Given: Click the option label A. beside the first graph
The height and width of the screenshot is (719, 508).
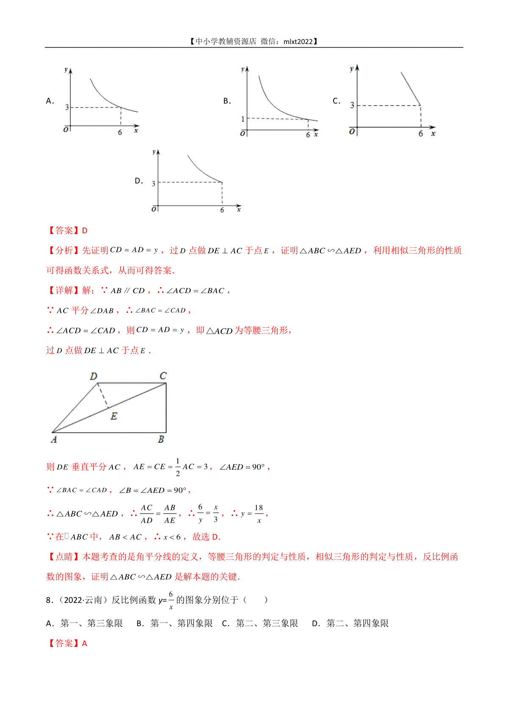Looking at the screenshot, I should [50, 101].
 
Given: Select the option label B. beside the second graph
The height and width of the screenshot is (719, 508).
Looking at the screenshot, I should [227, 101].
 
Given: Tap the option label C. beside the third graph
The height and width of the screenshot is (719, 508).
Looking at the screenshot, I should [337, 101].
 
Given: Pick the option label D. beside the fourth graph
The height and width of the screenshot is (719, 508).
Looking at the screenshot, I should [139, 181].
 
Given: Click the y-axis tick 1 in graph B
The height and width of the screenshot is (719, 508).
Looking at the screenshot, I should [243, 119].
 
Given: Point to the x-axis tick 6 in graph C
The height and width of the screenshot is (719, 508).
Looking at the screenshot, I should [420, 133].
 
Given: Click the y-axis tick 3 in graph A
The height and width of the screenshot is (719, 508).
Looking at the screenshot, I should [67, 108].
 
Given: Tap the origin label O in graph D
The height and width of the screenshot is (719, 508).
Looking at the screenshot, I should [154, 209].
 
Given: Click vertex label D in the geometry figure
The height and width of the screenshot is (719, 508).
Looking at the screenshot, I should [94, 376].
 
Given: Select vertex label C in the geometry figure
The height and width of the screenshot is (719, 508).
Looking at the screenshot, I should [163, 376].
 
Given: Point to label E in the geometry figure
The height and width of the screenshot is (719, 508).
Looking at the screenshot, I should [113, 416].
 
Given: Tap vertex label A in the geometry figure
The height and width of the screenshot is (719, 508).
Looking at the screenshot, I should [54, 440].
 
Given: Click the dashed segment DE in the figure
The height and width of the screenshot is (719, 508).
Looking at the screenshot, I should [103, 395].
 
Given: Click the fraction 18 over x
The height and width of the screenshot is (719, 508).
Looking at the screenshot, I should [259, 514].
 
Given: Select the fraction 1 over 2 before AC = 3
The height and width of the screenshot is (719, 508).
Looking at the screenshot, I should [178, 467].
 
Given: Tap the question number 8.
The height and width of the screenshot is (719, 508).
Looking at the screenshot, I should [49, 600].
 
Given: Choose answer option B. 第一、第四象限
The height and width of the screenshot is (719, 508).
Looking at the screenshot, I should [174, 623].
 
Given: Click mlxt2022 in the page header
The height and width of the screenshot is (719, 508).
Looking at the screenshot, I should [298, 41].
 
